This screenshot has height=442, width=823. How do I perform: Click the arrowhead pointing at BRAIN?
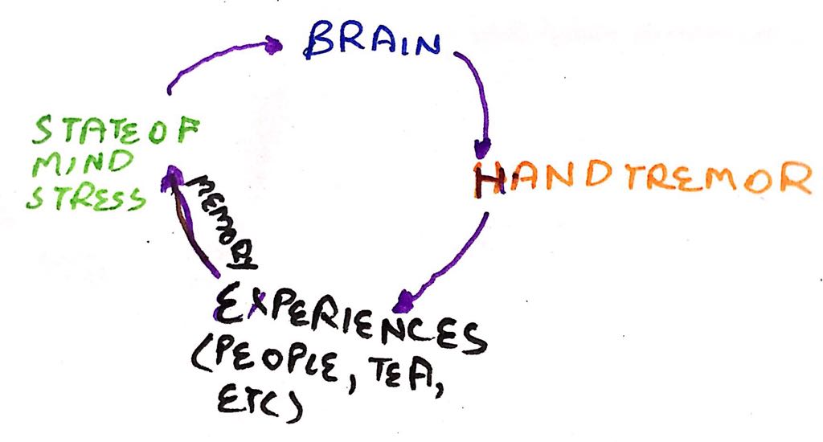click(x=274, y=46)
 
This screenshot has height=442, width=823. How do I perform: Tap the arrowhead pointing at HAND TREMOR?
click(x=481, y=148)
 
